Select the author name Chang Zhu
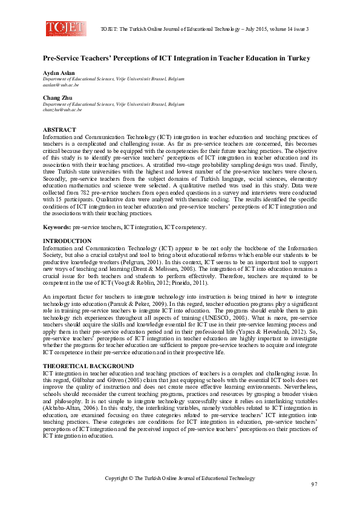pyautogui.click(x=56, y=98)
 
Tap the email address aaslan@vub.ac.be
pyautogui.click(x=60, y=85)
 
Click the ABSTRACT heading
pyautogui.click(x=59, y=130)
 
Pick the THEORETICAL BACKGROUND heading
pyautogui.click(x=88, y=366)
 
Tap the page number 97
pyautogui.click(x=314, y=485)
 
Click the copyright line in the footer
pyautogui.click(x=180, y=478)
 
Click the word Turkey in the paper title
pyautogui.click(x=296, y=58)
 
